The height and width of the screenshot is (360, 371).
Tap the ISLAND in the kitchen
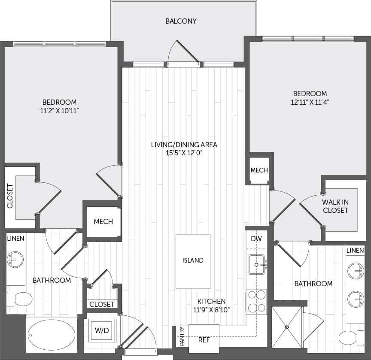pyautogui.click(x=193, y=260)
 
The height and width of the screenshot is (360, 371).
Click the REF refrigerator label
pyautogui.click(x=204, y=339)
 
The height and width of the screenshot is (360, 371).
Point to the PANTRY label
pyautogui.click(x=182, y=336)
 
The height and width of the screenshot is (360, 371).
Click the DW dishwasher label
pyautogui.click(x=256, y=238)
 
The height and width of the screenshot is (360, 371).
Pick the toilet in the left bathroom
pyautogui.click(x=20, y=299)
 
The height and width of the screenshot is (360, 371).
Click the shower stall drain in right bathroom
pyautogui.click(x=286, y=327)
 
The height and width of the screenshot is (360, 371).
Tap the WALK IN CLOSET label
pyautogui.click(x=335, y=206)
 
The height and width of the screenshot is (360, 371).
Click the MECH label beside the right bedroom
pyautogui.click(x=259, y=170)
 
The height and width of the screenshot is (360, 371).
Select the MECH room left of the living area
pyautogui.click(x=103, y=221)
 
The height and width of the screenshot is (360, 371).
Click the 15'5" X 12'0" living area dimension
pyautogui.click(x=184, y=153)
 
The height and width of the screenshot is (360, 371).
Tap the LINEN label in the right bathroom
pyautogui.click(x=355, y=250)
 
